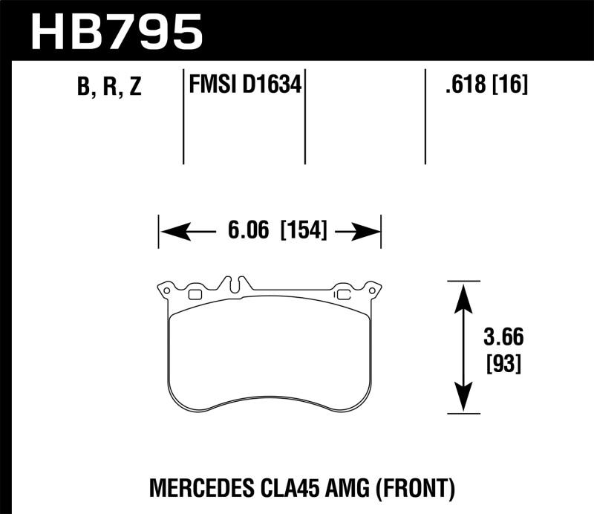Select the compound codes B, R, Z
pyautogui.click(x=108, y=88)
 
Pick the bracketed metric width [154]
pyautogui.click(x=303, y=232)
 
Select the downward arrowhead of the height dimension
pyautogui.click(x=463, y=400)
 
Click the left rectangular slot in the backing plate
pyautogui.click(x=195, y=294)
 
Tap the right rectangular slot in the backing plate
pyautogui.click(x=343, y=294)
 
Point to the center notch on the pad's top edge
pyautogui.click(x=235, y=284)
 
